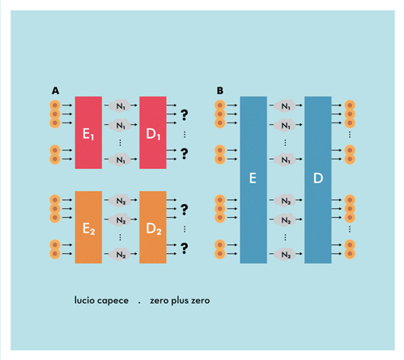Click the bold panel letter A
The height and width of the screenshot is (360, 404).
pyautogui.click(x=55, y=91)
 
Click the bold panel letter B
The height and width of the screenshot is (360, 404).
pyautogui.click(x=220, y=91)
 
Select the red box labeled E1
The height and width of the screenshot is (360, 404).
pyautogui.click(x=88, y=132)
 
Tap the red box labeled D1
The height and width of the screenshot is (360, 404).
pyautogui.click(x=153, y=132)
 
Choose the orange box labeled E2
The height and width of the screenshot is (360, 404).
pyautogui.click(x=88, y=227)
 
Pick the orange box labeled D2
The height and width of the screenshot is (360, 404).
pyautogui.click(x=153, y=227)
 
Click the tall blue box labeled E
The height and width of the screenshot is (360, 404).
pyautogui.click(x=253, y=180)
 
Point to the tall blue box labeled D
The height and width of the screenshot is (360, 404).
pyautogui.click(x=317, y=180)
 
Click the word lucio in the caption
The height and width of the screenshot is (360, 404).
pyautogui.click(x=84, y=300)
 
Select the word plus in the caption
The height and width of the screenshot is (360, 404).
pyautogui.click(x=180, y=300)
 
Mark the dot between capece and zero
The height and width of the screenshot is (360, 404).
pyautogui.click(x=140, y=303)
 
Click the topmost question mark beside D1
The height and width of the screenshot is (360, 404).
pyautogui.click(x=184, y=115)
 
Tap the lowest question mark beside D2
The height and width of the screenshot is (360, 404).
pyautogui.click(x=184, y=248)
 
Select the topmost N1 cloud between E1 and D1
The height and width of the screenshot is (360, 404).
pyautogui.click(x=120, y=105)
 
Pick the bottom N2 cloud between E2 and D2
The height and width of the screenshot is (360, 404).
pyautogui.click(x=120, y=255)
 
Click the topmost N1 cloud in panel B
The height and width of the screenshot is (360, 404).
pyautogui.click(x=285, y=105)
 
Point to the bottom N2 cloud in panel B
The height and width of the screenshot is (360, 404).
pyautogui.click(x=285, y=255)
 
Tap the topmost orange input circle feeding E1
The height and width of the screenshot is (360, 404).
pyautogui.click(x=55, y=105)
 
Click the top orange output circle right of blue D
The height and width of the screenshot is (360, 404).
pyautogui.click(x=350, y=105)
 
